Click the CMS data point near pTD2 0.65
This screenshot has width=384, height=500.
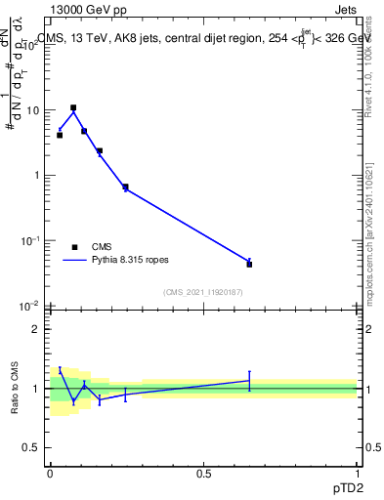(x=249, y=264)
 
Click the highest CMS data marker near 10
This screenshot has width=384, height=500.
(x=73, y=107)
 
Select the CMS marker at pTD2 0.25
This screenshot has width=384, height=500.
(x=125, y=187)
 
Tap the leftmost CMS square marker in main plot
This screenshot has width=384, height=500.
(x=60, y=135)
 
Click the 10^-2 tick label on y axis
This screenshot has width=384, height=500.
(x=30, y=306)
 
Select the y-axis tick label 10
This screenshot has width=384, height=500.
(x=33, y=110)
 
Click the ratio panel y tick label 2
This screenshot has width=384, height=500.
(x=36, y=329)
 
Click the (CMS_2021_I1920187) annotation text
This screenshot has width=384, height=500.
(x=202, y=292)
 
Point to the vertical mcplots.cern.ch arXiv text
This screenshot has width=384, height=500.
(x=372, y=225)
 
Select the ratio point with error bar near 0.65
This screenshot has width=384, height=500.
(x=249, y=381)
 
